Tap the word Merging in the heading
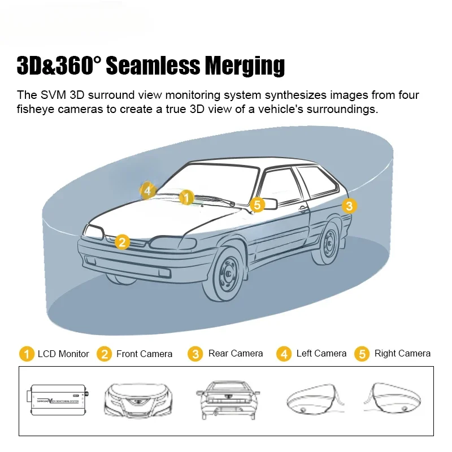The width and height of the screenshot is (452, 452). point(245,67)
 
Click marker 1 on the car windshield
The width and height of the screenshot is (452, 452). point(186,197)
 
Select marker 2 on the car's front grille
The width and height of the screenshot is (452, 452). point(122,242)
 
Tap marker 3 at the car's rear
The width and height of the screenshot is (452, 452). point(349,206)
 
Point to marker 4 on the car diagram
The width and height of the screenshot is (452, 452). point(147,190)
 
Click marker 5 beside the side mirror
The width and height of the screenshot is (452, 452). point(257,205)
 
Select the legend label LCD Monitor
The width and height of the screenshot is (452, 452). point(63,354)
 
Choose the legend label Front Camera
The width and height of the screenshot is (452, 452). point(144,354)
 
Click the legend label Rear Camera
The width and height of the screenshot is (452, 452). point(236,353)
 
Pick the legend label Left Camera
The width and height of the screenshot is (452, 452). point(321,353)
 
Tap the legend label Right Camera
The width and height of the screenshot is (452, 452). point(402,353)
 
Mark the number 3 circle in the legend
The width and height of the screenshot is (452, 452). point(195,354)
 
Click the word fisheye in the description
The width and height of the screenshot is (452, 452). point(35,108)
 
